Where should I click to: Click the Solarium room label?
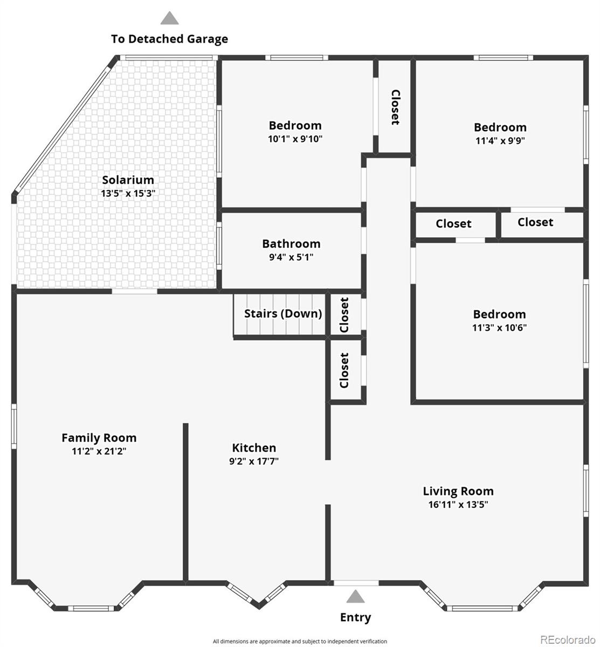(x=128, y=180)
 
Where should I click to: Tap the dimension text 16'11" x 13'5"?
(x=458, y=505)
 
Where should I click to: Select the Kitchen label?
(x=254, y=448)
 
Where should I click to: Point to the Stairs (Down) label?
(x=282, y=314)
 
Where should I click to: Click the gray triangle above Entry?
(x=355, y=596)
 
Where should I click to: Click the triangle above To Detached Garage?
(x=169, y=18)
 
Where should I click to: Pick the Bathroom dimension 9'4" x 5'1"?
(x=291, y=257)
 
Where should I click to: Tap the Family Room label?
(x=99, y=438)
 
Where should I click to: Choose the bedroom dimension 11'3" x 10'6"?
(x=499, y=328)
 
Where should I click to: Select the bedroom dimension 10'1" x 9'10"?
(x=295, y=139)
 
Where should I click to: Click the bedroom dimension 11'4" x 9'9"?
(x=500, y=141)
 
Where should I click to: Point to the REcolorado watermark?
(x=568, y=640)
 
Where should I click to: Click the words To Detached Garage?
(x=169, y=39)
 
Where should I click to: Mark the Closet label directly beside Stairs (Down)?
(x=344, y=315)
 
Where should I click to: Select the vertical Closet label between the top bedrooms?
(x=395, y=107)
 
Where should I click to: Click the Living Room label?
(x=458, y=491)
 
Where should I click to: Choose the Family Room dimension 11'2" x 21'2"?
(x=99, y=451)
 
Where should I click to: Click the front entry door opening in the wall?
(x=356, y=583)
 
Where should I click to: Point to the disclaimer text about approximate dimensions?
(x=300, y=642)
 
